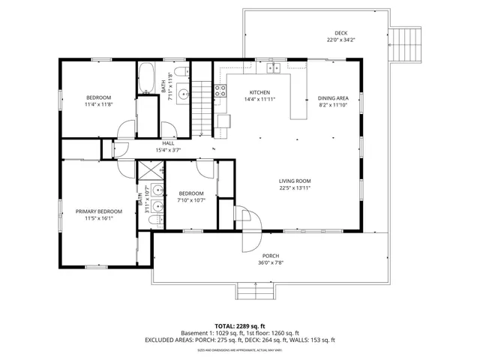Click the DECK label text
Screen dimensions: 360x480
(x=340, y=33)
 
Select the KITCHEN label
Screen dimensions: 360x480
(x=259, y=91)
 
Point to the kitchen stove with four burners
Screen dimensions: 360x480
(x=220, y=91)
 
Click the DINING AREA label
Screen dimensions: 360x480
(x=333, y=98)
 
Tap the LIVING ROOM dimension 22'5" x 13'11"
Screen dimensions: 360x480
(x=295, y=187)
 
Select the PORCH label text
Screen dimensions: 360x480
(x=271, y=256)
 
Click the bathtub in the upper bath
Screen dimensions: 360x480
(x=147, y=78)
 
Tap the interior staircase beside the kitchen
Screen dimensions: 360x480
(x=201, y=107)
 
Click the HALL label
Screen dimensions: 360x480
(x=168, y=143)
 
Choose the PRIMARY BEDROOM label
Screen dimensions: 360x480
(x=98, y=211)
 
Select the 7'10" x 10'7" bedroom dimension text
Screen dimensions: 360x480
(x=191, y=200)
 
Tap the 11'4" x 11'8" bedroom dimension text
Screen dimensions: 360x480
(x=98, y=105)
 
